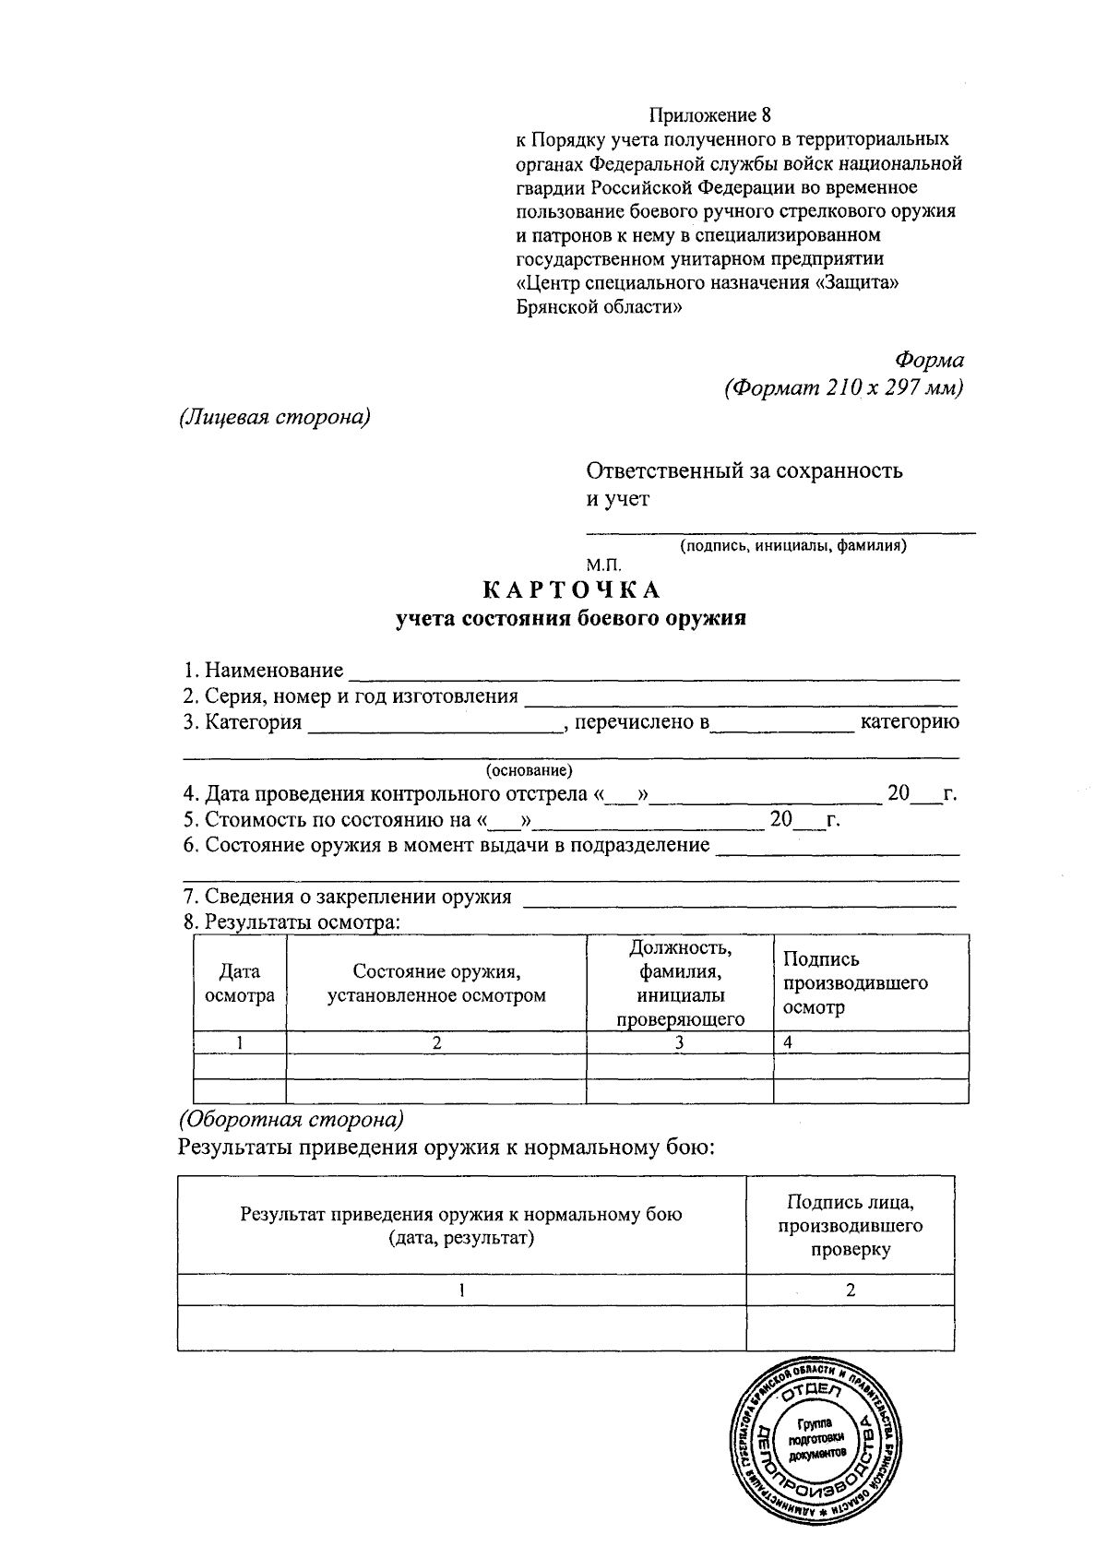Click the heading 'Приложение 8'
(x=708, y=115)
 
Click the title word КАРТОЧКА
(x=572, y=589)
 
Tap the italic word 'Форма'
(x=929, y=361)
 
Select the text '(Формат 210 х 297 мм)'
(x=844, y=387)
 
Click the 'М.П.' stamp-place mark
(x=604, y=563)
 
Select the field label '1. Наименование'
(x=263, y=670)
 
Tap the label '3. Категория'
(x=243, y=722)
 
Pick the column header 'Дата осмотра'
(x=240, y=983)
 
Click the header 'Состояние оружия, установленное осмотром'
(x=436, y=983)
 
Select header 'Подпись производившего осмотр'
(x=854, y=983)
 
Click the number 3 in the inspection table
(x=679, y=1043)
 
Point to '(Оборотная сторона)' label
(x=291, y=1120)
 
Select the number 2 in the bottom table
(x=850, y=1290)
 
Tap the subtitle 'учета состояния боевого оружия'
(x=571, y=619)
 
